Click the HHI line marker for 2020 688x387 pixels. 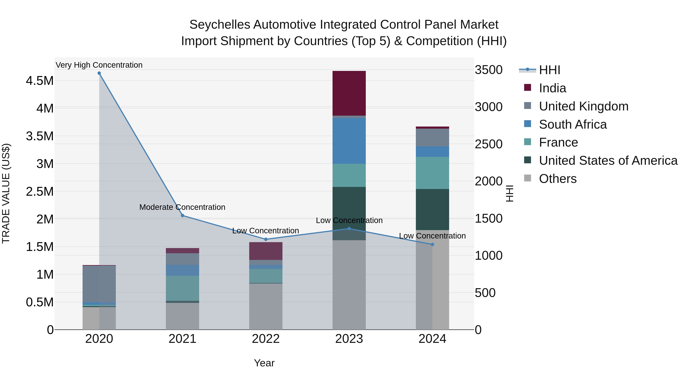tap(99, 73)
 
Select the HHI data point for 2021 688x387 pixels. tap(183, 216)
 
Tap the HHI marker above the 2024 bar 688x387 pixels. tap(432, 244)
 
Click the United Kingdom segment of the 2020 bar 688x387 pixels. tap(99, 284)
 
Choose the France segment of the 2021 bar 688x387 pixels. tap(183, 288)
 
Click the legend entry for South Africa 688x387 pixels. tap(572, 124)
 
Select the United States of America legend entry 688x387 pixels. tap(608, 161)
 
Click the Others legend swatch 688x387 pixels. tap(527, 178)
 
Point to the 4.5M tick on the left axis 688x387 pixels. tap(40, 81)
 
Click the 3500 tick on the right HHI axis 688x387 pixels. tap(488, 70)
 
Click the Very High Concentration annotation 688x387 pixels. tap(99, 65)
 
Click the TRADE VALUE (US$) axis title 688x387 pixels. tap(6, 193)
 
